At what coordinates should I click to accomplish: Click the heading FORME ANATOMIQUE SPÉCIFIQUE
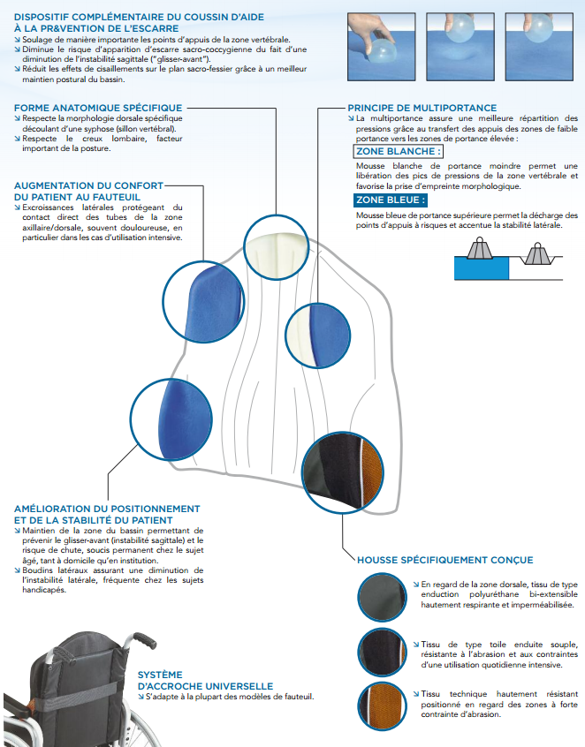[98, 108]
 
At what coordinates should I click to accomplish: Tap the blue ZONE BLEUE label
[391, 200]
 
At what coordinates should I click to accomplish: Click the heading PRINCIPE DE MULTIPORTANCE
[422, 108]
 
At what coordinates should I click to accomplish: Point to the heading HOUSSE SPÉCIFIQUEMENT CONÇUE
[444, 560]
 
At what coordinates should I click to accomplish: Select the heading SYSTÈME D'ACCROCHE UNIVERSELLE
[206, 681]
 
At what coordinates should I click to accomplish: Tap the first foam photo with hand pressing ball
[382, 47]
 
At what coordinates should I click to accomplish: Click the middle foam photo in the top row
[460, 47]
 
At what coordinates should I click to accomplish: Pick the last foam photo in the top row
[539, 47]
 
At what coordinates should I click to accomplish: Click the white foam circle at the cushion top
[276, 247]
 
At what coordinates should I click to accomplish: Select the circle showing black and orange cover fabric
[343, 472]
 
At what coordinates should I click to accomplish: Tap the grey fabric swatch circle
[383, 598]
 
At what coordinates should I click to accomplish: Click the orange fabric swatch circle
[383, 706]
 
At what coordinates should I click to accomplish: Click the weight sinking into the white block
[539, 253]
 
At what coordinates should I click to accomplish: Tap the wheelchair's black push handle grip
[144, 639]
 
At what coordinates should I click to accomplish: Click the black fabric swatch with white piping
[383, 653]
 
